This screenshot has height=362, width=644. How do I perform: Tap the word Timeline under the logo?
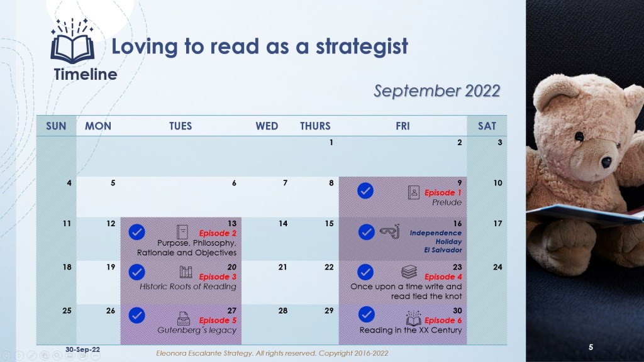(x=86, y=74)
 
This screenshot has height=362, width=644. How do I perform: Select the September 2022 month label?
(x=437, y=91)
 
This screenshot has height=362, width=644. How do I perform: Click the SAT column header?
(x=487, y=126)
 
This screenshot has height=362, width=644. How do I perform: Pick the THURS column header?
(x=315, y=126)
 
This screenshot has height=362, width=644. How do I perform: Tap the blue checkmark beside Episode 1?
(x=365, y=191)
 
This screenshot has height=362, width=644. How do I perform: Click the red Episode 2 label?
(x=218, y=233)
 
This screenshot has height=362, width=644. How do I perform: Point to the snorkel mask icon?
(x=389, y=232)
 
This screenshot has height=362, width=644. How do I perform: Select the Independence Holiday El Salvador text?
(x=435, y=241)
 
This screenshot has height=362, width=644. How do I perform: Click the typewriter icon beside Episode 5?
(x=183, y=319)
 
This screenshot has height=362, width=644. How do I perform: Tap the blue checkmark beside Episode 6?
(x=367, y=314)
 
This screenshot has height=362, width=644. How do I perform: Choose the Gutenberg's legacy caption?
(x=197, y=330)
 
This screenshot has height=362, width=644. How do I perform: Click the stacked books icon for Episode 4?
(x=409, y=271)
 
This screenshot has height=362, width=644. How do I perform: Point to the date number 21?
(x=282, y=267)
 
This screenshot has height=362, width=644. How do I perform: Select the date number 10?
(x=498, y=183)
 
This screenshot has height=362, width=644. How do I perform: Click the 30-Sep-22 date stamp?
(x=82, y=349)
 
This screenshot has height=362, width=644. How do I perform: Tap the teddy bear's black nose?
(x=607, y=162)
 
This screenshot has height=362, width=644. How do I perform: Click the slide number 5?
(x=591, y=347)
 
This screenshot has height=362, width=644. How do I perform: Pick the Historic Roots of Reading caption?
(x=188, y=287)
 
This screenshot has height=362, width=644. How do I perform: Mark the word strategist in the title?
(x=362, y=47)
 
